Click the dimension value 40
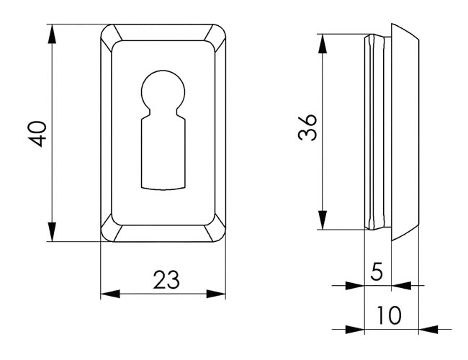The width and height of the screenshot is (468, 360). click(x=38, y=134)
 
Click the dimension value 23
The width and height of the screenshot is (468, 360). click(x=166, y=279)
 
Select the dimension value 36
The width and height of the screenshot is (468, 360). click(x=307, y=127)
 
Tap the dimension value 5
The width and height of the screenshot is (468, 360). click(x=377, y=271)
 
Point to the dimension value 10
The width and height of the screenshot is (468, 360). click(x=389, y=315)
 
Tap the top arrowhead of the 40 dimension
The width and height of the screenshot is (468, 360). click(x=52, y=34)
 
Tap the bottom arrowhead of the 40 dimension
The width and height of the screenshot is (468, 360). click(x=52, y=232)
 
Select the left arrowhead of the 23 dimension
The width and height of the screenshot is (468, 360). click(x=110, y=294)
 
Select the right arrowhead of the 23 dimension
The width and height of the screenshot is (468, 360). click(x=216, y=294)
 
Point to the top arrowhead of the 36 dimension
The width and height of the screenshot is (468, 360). click(x=323, y=44)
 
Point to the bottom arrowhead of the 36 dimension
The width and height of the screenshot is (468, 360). click(x=323, y=220)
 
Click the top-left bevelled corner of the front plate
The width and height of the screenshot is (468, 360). click(x=111, y=35)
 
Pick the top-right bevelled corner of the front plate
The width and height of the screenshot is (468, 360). click(x=215, y=35)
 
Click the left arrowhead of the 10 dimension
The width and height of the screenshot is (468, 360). click(x=355, y=330)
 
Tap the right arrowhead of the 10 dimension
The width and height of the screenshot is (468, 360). click(x=428, y=330)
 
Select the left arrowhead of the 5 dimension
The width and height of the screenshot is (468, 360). click(x=355, y=285)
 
